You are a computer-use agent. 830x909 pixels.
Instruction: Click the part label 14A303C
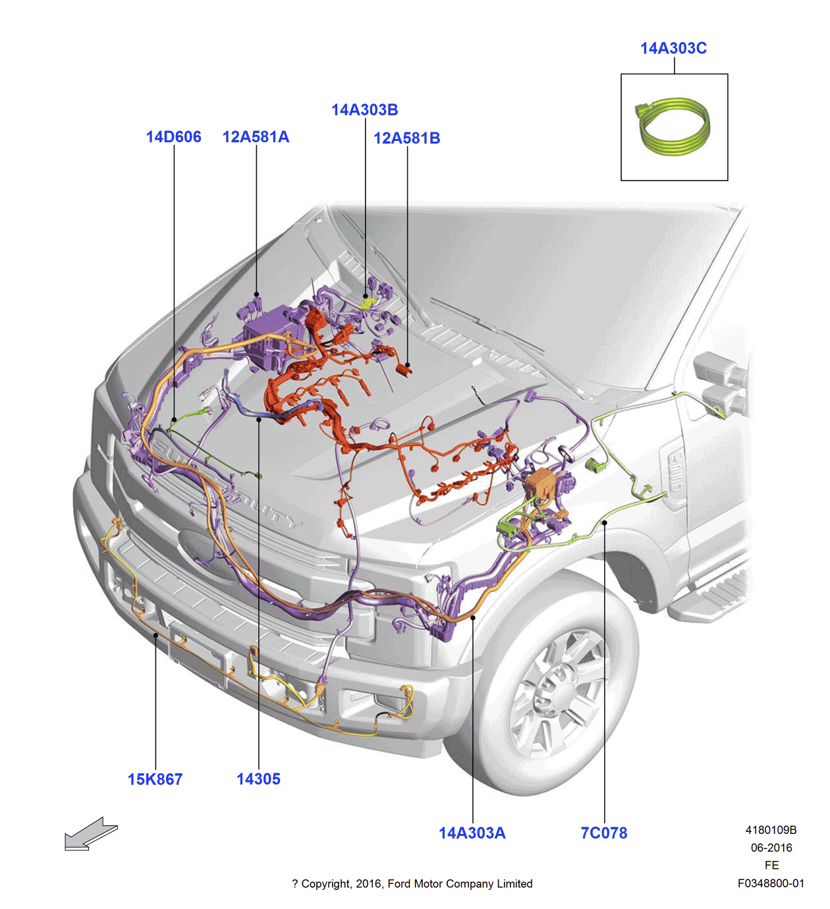[x=673, y=48]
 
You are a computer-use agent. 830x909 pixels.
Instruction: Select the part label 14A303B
[x=364, y=110]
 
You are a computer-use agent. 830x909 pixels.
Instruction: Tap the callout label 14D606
[x=173, y=137]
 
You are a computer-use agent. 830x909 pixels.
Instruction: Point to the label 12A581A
[x=256, y=137]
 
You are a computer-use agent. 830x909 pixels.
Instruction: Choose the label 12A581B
[x=406, y=138]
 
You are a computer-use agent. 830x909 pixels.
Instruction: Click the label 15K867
[x=155, y=779]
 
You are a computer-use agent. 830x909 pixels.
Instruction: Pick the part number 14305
[x=258, y=779]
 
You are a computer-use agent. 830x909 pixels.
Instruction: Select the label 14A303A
[x=472, y=833]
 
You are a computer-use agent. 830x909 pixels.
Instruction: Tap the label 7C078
[x=603, y=833]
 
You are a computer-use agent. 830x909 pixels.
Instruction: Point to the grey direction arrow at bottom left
[x=90, y=835]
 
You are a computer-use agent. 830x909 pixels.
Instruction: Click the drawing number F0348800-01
[x=771, y=883]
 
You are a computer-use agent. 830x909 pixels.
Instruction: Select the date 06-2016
[x=771, y=848]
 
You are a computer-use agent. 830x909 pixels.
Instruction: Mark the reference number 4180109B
[x=771, y=830]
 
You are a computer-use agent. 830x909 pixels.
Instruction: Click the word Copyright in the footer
[x=325, y=884]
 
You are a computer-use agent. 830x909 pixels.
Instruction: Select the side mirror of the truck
[x=718, y=382]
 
